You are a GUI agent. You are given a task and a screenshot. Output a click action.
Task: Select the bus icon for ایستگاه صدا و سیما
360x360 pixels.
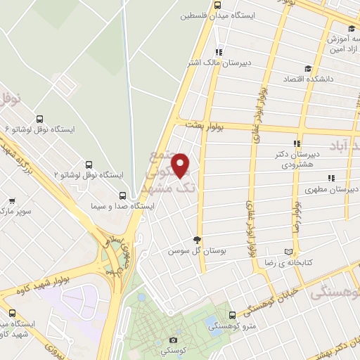point(124,195)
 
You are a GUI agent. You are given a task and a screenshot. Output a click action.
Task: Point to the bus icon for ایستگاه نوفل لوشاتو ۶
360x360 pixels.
point(39,120)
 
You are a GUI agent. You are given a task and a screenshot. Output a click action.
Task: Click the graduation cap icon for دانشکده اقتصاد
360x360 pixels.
point(307,68)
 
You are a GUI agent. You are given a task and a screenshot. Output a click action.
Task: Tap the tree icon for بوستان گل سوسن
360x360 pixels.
point(199,239)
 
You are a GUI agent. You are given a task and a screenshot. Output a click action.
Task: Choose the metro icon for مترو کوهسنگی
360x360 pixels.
point(233,314)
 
